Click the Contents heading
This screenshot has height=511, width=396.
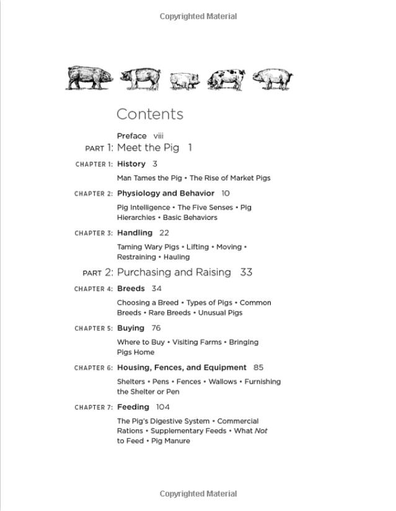coord(150,115)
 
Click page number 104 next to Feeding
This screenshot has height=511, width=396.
coord(163,407)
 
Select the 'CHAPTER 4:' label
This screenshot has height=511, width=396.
coord(94,289)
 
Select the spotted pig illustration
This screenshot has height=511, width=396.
coord(226,79)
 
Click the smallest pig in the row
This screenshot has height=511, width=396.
coord(184,81)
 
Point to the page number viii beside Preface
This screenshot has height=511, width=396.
coord(159,136)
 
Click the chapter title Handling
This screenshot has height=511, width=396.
coord(134,233)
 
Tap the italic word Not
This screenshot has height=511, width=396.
coord(261,431)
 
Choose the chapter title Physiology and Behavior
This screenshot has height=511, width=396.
coord(165,193)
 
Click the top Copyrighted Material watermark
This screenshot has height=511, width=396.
coord(198,17)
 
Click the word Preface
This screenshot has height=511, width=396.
coord(132,136)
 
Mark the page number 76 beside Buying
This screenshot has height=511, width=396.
coord(156,328)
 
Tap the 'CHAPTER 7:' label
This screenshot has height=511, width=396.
coord(94,408)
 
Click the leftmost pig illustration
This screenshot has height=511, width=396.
coord(90,77)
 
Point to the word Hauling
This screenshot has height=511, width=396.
coord(177,257)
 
